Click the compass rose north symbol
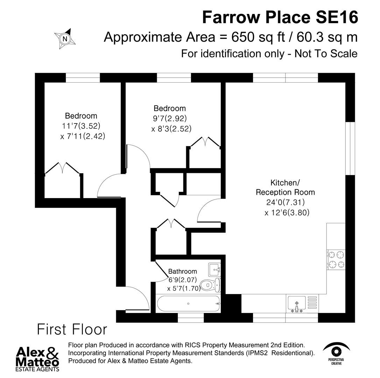click(x=65, y=38)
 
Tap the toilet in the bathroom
click(x=212, y=285)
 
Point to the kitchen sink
click(x=297, y=304)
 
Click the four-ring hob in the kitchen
click(x=336, y=259)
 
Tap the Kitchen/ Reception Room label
click(x=285, y=187)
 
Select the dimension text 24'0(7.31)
click(x=285, y=202)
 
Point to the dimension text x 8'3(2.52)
click(x=171, y=129)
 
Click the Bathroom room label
click(x=182, y=271)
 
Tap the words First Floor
click(x=72, y=330)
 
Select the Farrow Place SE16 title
click(x=280, y=17)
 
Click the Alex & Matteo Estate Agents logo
click(x=38, y=358)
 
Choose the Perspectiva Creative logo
click(x=336, y=353)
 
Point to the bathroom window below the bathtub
click(x=191, y=317)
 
